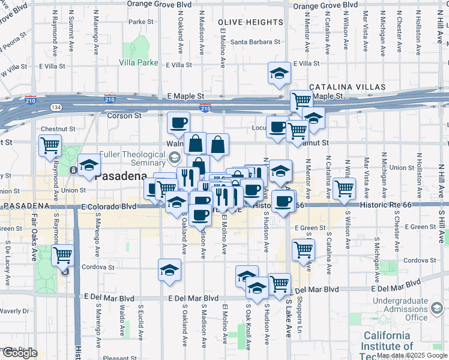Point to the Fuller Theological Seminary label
(x=132, y=158)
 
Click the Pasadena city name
(x=121, y=176)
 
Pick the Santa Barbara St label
(x=256, y=42)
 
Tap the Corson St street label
(x=124, y=115)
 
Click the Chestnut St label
(x=58, y=129)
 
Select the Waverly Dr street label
(x=14, y=311)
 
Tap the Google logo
(x=19, y=353)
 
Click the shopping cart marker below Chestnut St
(x=50, y=145)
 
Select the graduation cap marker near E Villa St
(x=279, y=73)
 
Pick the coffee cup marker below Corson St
(x=178, y=123)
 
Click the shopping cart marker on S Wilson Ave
(x=345, y=188)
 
